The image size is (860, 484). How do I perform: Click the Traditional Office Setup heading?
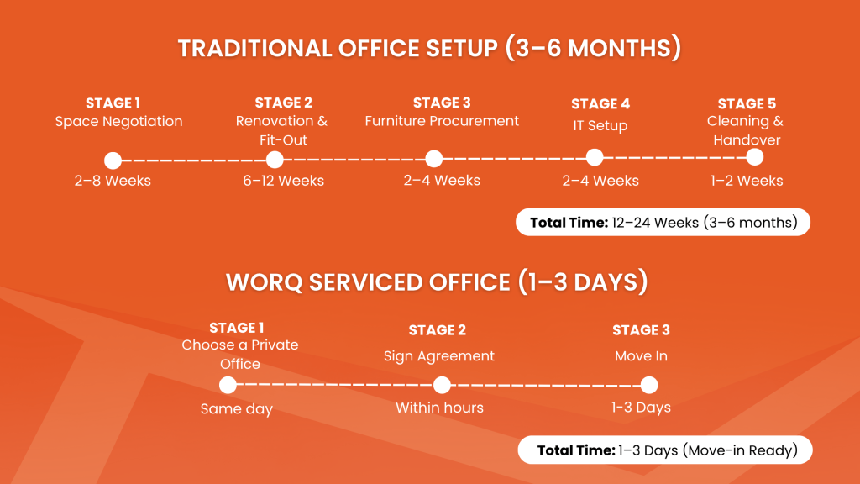tap(429, 48)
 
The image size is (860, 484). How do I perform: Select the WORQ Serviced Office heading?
tap(437, 281)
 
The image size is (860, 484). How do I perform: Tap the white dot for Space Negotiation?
tap(113, 160)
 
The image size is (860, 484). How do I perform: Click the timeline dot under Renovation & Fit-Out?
tap(275, 160)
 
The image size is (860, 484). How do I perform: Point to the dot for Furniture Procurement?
tap(433, 159)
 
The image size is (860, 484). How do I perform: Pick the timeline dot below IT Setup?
tap(595, 157)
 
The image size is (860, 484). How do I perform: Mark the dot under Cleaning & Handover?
tap(754, 157)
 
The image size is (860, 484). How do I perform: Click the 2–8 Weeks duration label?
tap(113, 181)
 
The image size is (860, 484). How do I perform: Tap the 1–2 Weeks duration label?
tap(747, 181)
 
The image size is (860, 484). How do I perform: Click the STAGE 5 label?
tap(747, 104)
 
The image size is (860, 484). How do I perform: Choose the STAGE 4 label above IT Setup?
tap(600, 104)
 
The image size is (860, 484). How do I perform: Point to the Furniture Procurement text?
tap(442, 121)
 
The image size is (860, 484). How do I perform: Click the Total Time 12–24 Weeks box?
tap(663, 223)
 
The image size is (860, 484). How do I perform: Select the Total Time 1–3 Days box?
tap(666, 450)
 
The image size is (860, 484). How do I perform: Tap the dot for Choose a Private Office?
tap(228, 385)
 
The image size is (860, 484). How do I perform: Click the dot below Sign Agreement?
tap(442, 385)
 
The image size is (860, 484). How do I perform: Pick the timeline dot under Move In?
tap(648, 385)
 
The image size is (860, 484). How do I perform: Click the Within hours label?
tap(439, 408)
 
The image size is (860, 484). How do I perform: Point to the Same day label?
tap(236, 409)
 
